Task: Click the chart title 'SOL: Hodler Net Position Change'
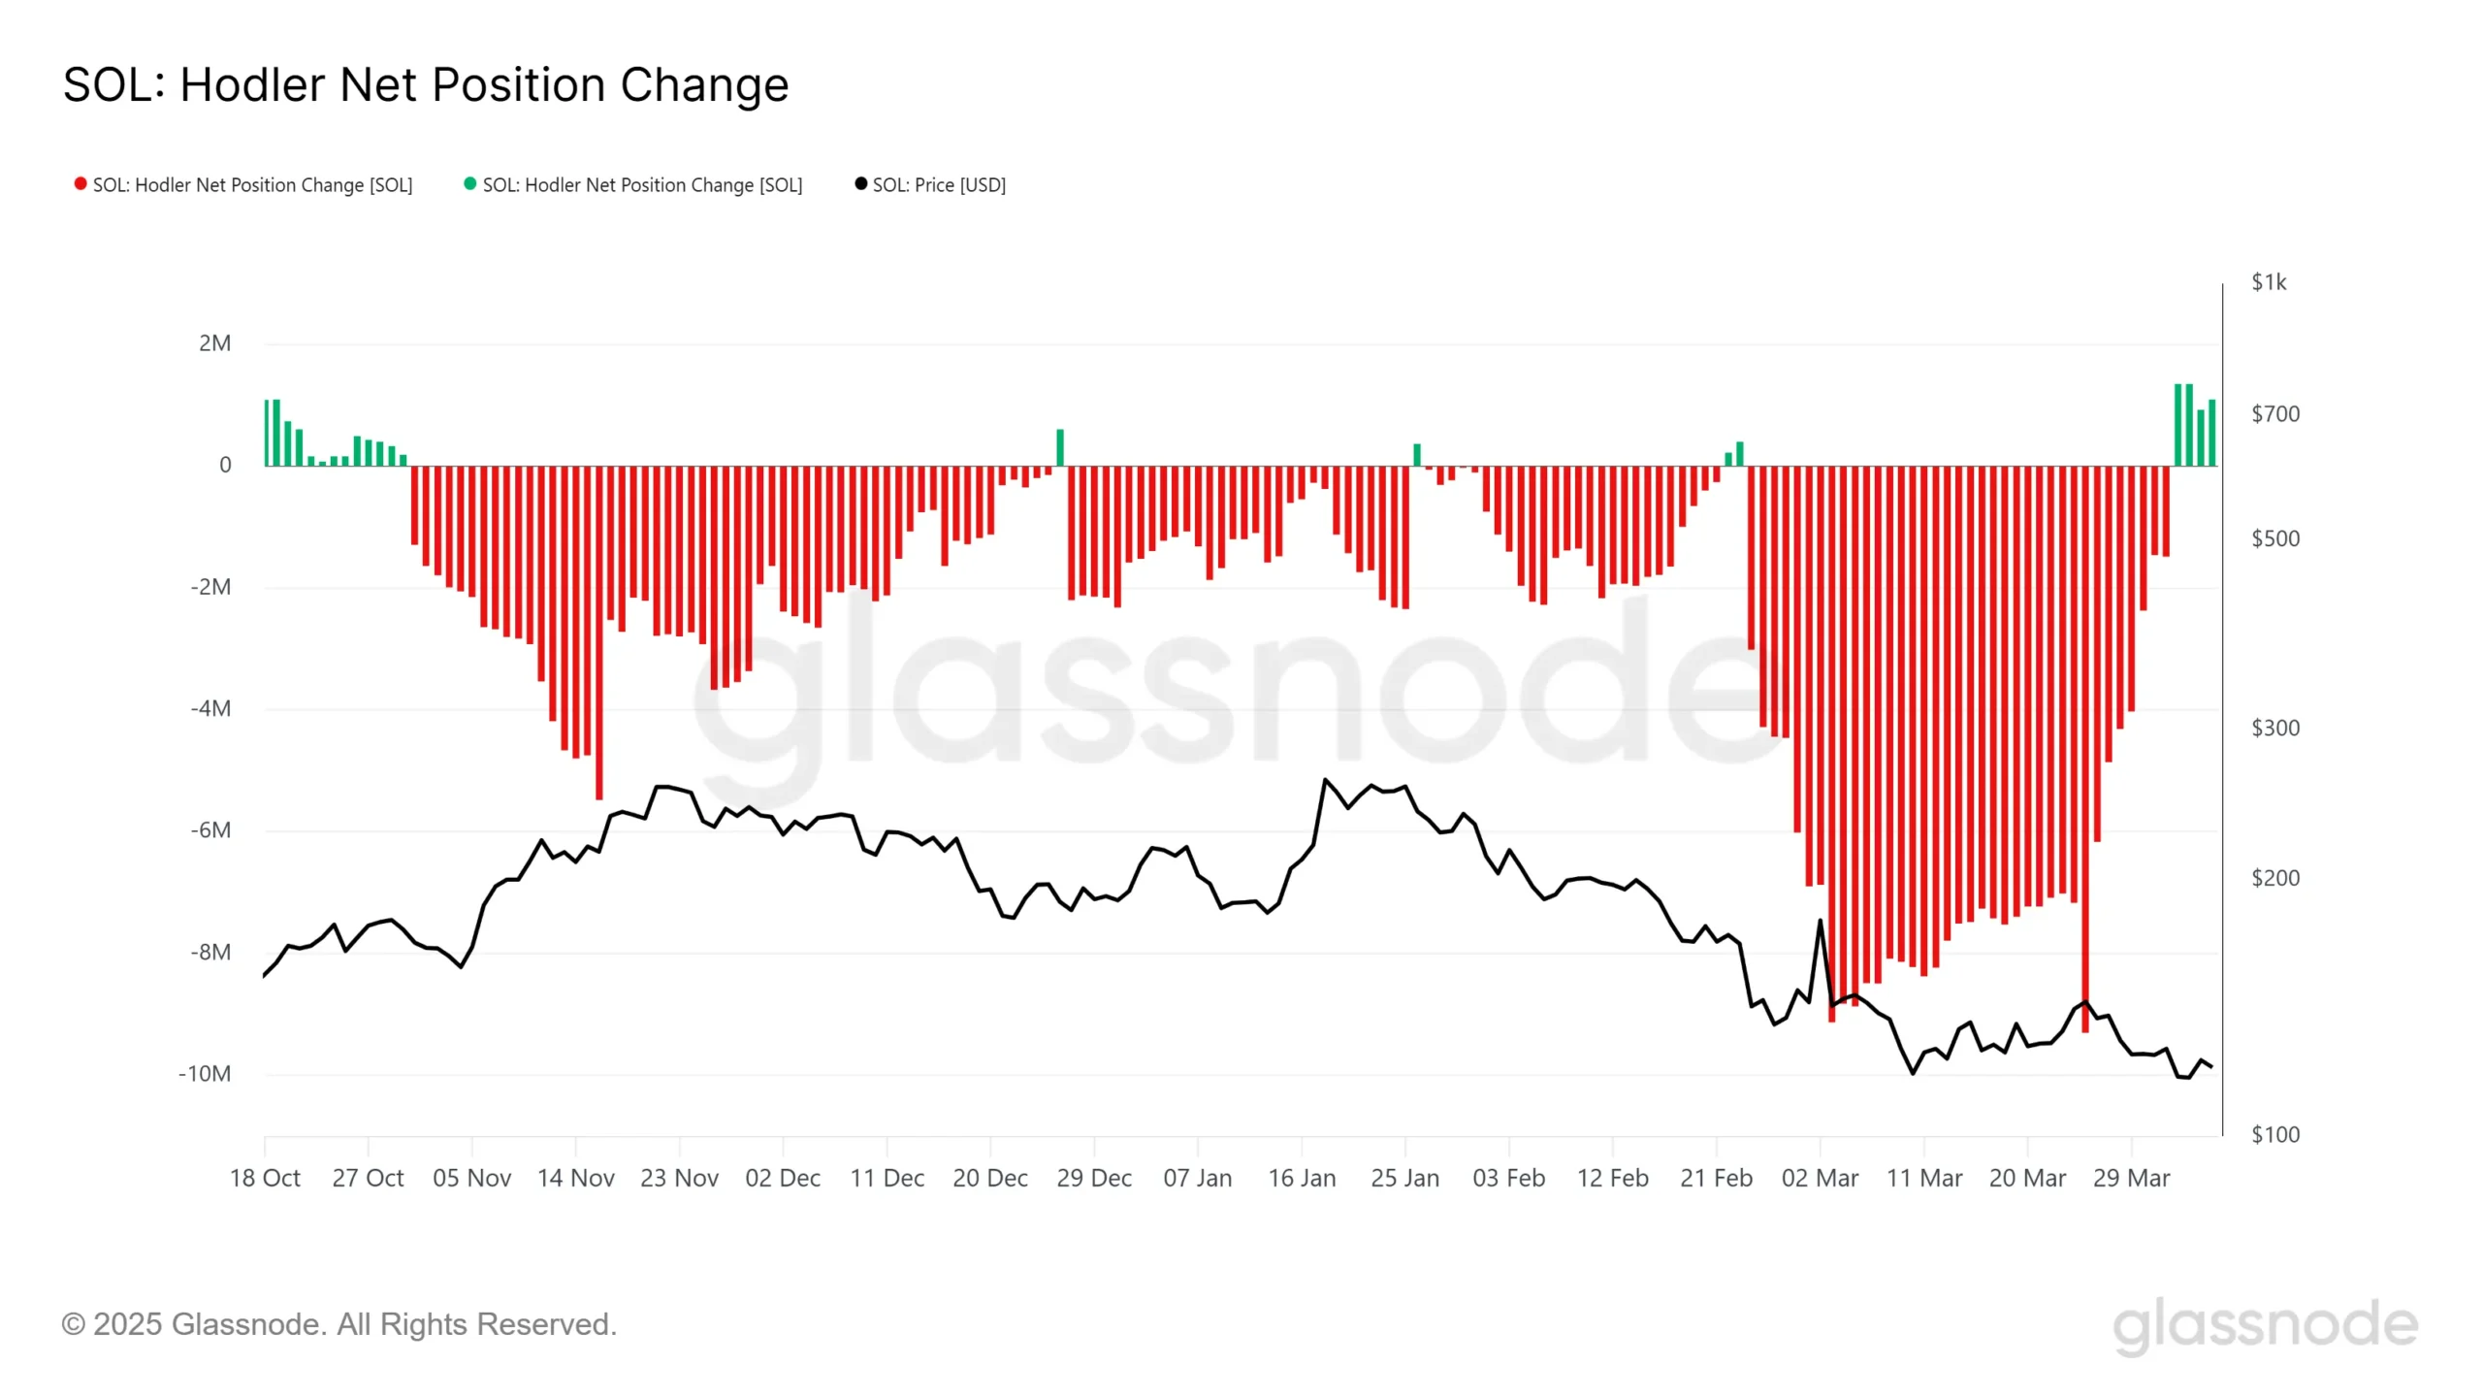click(x=426, y=85)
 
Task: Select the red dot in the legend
click(x=81, y=184)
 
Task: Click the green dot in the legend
click(x=470, y=184)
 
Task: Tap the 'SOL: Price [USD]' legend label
click(x=939, y=185)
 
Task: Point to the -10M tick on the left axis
click(x=205, y=1074)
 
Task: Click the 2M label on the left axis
click(x=214, y=343)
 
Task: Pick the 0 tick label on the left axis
click(x=225, y=466)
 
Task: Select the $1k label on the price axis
click(x=2269, y=282)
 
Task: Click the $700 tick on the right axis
click(x=2274, y=414)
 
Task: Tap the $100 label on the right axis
click(x=2274, y=1134)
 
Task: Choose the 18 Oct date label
click(x=265, y=1179)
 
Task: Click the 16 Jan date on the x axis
click(x=1302, y=1179)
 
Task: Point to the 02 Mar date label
click(x=1820, y=1179)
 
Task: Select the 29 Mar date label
click(x=2131, y=1179)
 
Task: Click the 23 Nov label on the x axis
click(x=679, y=1179)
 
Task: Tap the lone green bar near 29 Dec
click(x=1060, y=448)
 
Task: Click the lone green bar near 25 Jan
click(x=1417, y=455)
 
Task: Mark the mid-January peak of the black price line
click(x=1325, y=780)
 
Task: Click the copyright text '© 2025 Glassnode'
click(x=339, y=1324)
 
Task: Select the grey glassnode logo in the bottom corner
click(x=2265, y=1326)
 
